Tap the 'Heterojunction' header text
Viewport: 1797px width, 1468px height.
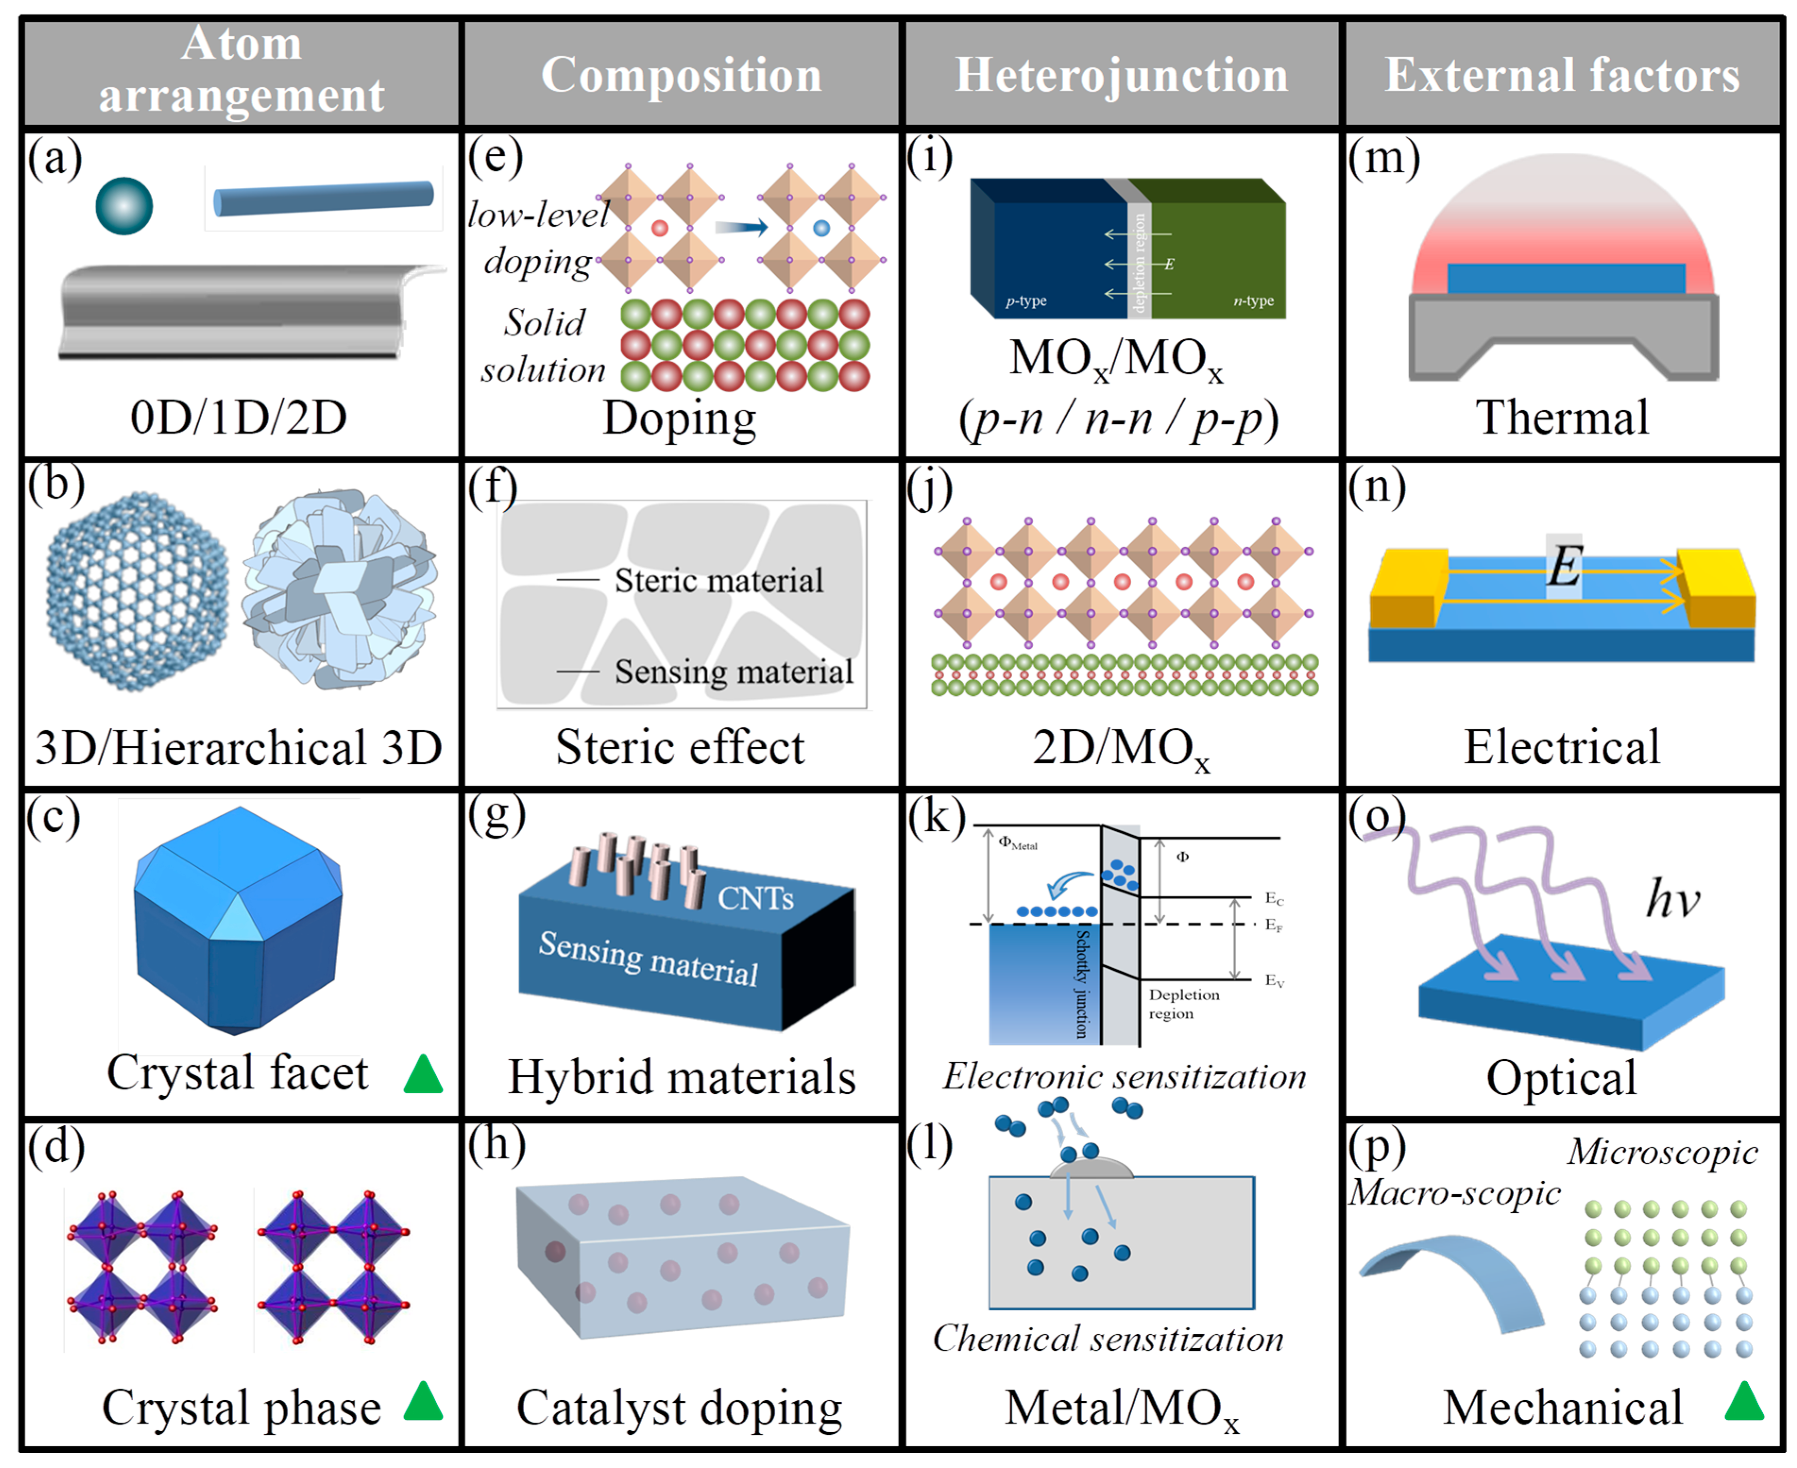[1121, 75]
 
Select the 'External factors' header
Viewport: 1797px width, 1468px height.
[1562, 75]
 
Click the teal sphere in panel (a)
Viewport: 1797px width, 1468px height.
[124, 205]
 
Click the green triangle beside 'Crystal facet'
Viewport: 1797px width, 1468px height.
[423, 1074]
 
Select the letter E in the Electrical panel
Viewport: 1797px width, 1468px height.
[1564, 565]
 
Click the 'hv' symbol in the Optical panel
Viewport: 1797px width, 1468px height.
[1672, 899]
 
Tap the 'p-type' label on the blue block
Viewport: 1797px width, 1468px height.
[1026, 301]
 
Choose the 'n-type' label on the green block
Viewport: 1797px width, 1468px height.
[1253, 301]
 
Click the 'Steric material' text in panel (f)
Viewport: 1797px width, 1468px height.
[718, 580]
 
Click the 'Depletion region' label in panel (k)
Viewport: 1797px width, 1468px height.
[1183, 1004]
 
